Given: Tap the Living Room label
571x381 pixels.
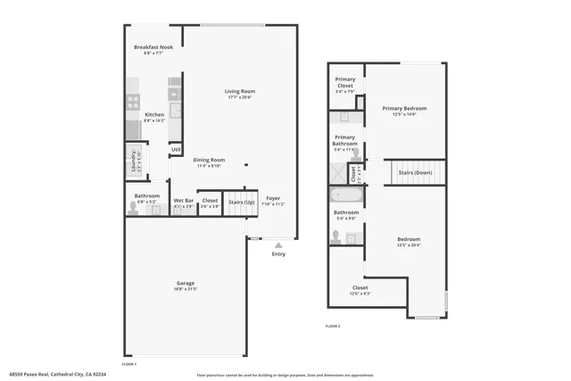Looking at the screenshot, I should point(240,91).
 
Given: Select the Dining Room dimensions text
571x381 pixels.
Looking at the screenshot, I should point(210,166).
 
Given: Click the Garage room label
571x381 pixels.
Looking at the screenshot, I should point(185,283).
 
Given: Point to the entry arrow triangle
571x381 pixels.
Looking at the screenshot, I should point(278,244).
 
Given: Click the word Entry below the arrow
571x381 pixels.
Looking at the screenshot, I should point(278,254).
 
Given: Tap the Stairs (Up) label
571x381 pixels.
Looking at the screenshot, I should point(240,202).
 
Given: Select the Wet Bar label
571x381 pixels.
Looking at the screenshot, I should point(184,201).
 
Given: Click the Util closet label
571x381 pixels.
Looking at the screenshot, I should point(176,149).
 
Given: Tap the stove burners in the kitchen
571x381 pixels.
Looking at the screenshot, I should point(132,101).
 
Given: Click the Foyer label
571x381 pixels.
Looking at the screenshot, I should point(273,198).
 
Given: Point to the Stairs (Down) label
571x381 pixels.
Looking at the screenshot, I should point(416,172).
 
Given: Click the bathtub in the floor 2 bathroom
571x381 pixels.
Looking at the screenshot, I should point(345,195).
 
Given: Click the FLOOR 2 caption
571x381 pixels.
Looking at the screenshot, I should point(333,326).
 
